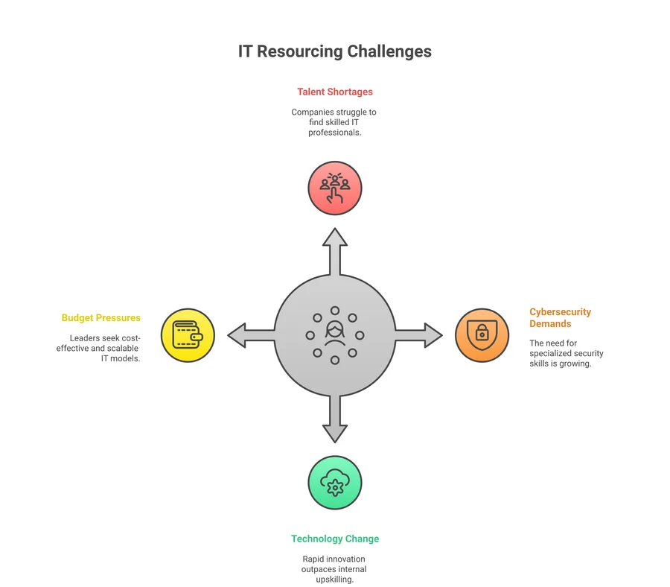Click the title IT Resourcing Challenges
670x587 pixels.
[x=334, y=51]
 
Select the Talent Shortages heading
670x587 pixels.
[x=334, y=92]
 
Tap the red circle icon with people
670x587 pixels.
[x=335, y=188]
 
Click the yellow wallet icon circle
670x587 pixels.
[x=188, y=335]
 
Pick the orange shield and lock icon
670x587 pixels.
[x=482, y=335]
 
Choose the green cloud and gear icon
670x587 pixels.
[x=335, y=483]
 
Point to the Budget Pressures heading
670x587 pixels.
[x=100, y=318]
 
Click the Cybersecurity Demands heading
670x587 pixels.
[x=560, y=318]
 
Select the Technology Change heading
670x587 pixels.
[x=335, y=539]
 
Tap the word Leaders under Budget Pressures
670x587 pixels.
[x=86, y=338]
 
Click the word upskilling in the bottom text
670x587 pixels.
[x=335, y=580]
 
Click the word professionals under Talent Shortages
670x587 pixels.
[x=335, y=133]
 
